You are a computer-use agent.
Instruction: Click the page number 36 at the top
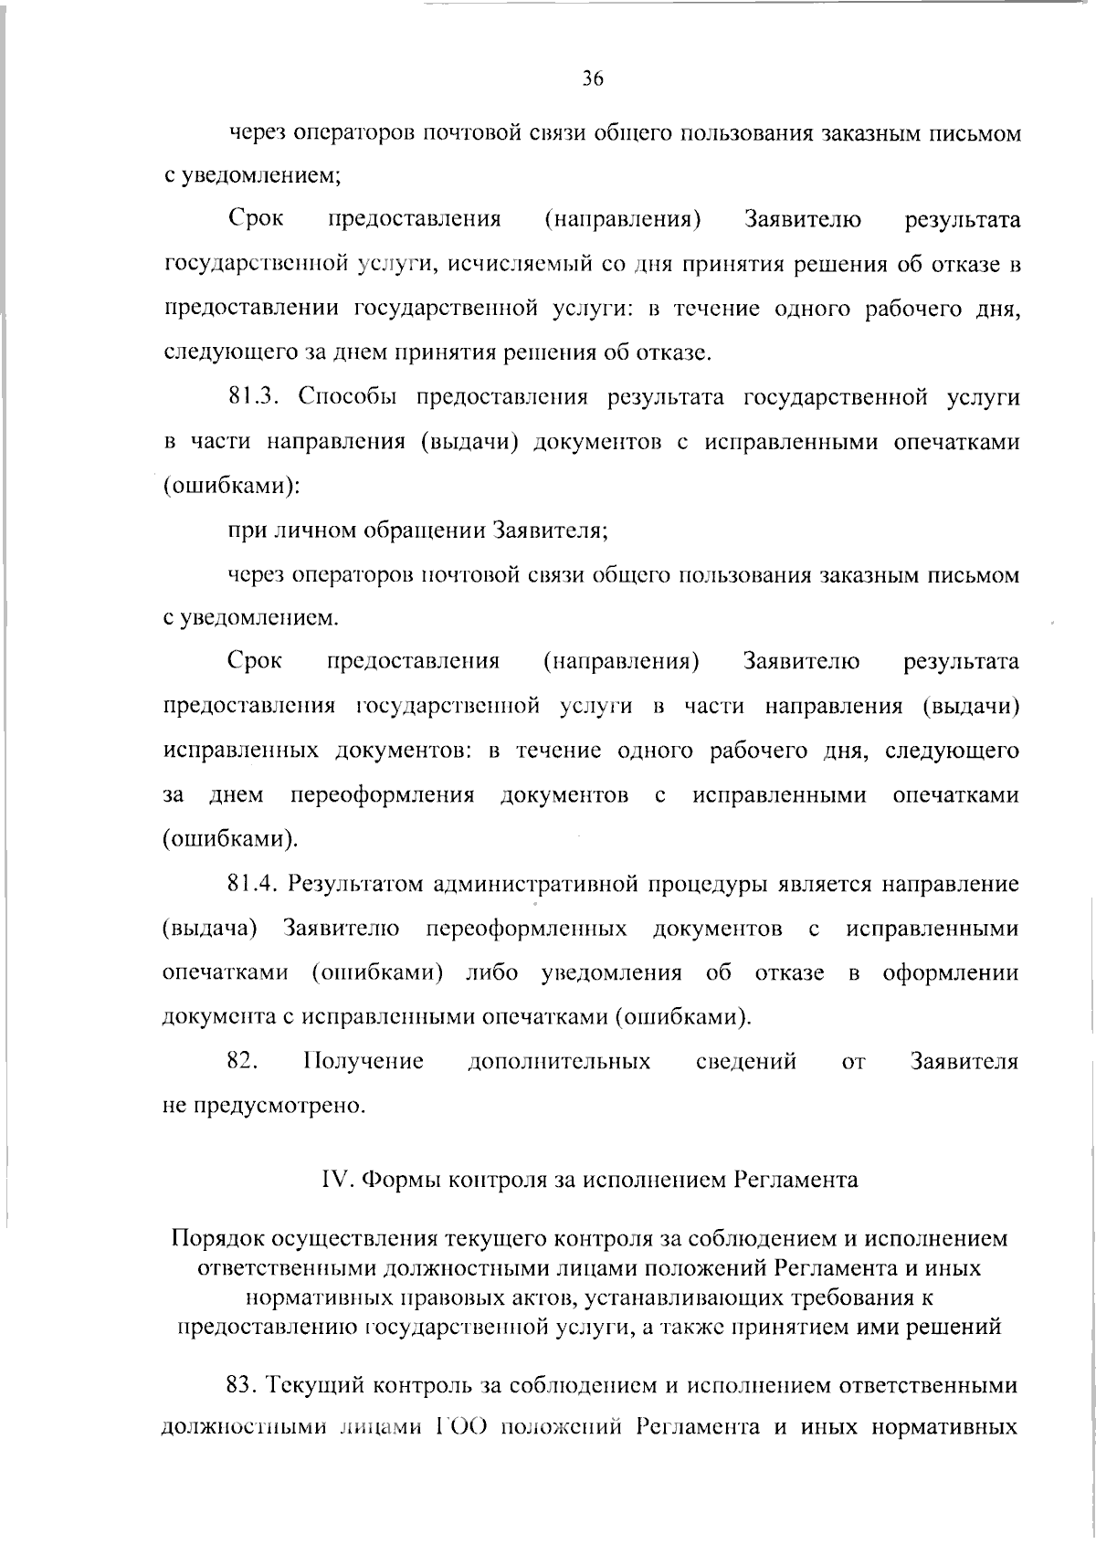[x=593, y=79]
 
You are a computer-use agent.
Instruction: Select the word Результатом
[x=355, y=885]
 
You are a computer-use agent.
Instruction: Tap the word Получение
[x=363, y=1061]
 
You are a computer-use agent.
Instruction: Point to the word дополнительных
[x=559, y=1061]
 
